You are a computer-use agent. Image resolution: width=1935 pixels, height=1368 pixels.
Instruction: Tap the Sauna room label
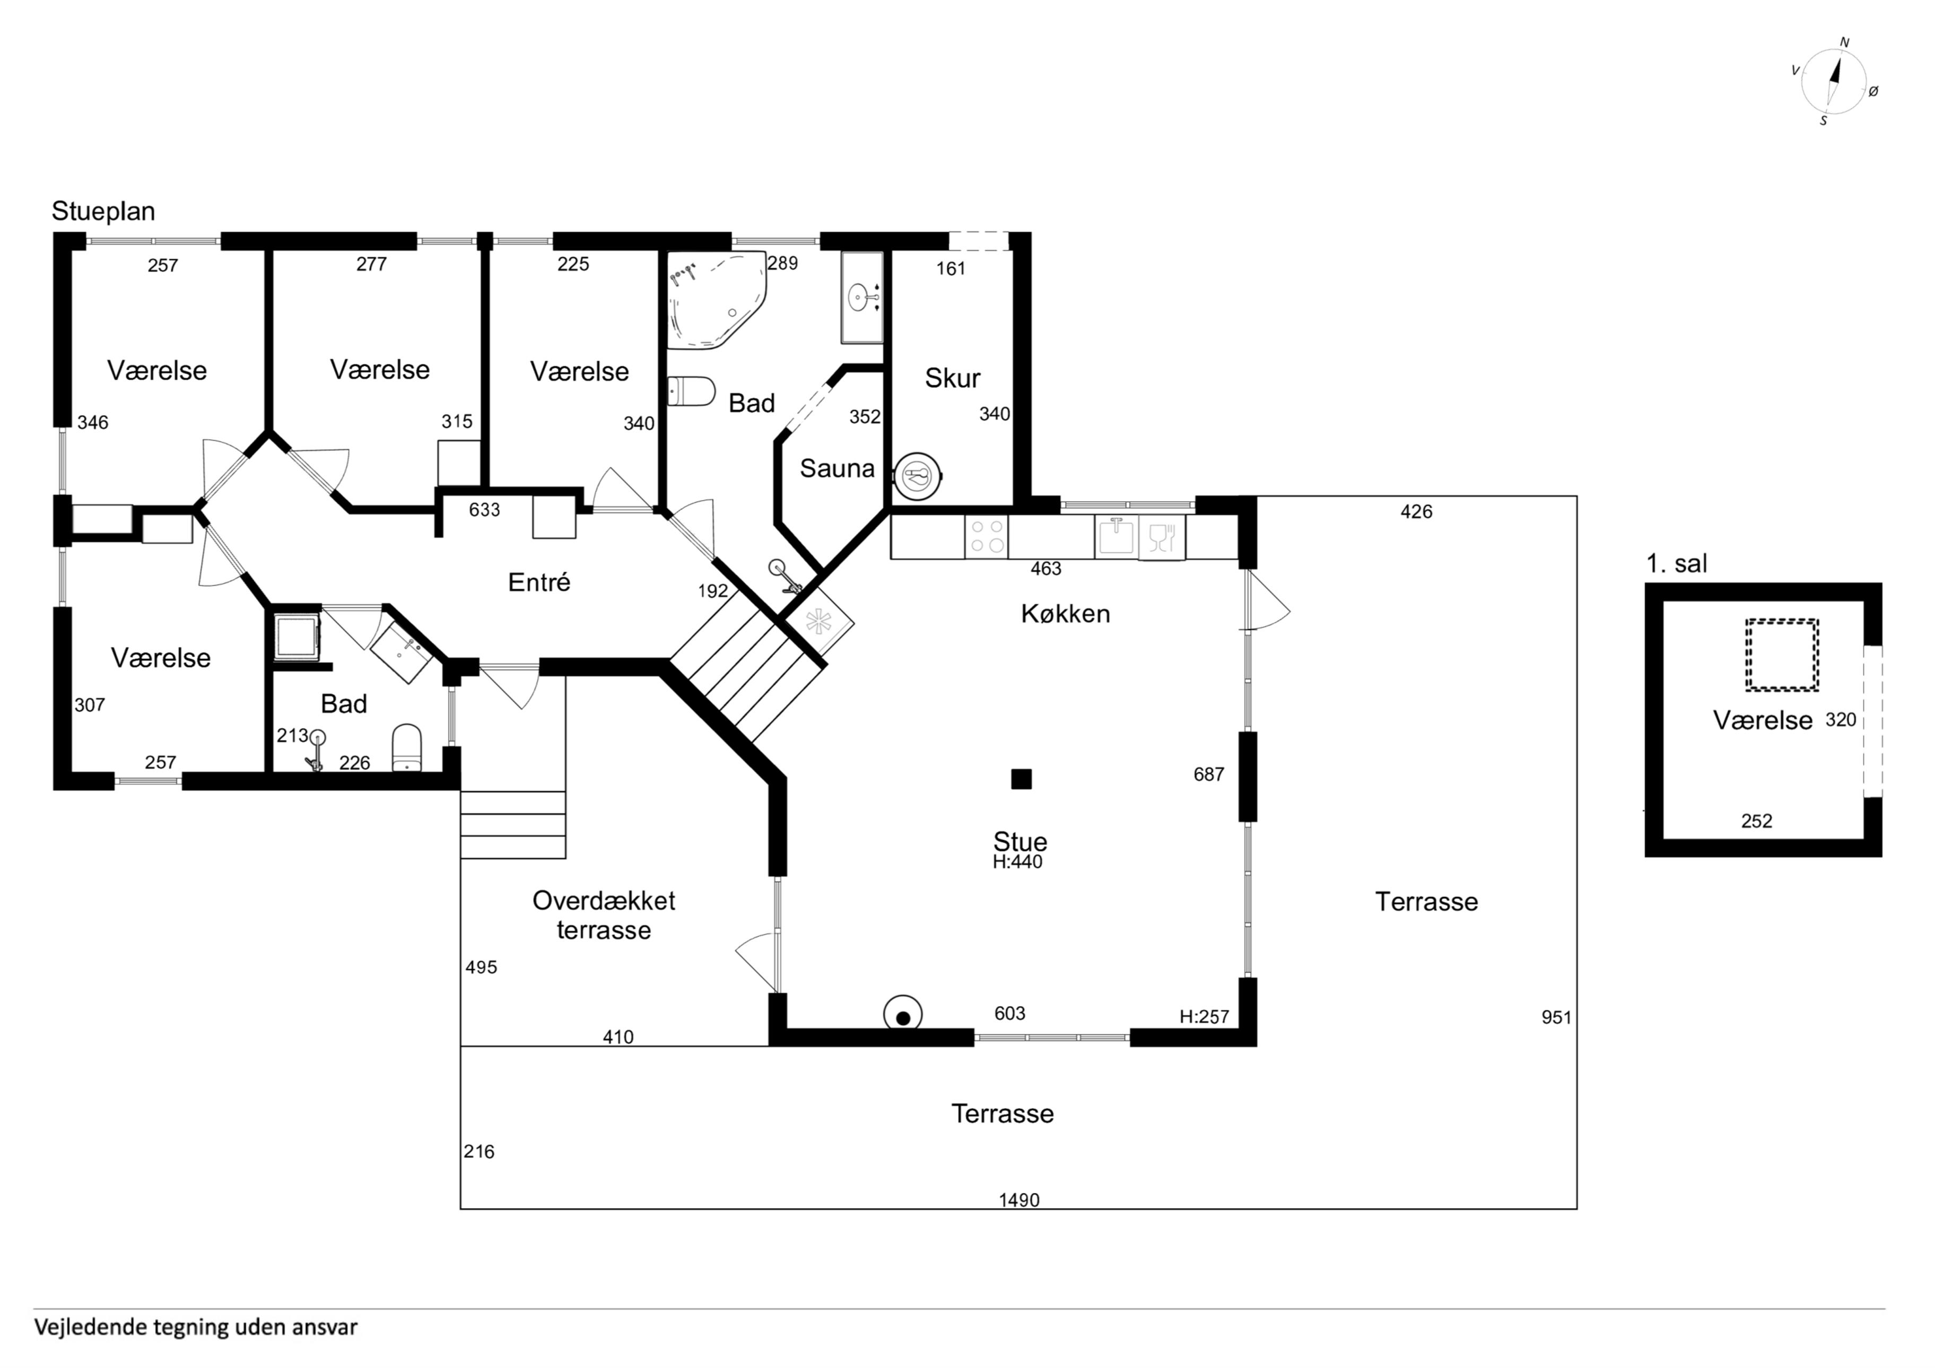coord(837,469)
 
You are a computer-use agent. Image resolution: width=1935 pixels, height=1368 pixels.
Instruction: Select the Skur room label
coord(952,378)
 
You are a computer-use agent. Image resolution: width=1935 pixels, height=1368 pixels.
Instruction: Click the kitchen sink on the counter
coord(1117,536)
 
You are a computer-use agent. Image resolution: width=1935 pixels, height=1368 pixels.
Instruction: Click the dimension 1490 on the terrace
coord(1019,1199)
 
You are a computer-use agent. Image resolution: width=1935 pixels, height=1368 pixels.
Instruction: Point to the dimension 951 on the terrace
coord(1557,1017)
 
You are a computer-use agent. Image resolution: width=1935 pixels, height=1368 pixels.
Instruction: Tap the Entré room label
coord(539,582)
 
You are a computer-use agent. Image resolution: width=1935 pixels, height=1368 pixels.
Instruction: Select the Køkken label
coord(1065,614)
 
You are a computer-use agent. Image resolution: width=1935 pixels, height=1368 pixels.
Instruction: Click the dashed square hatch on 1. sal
coord(1782,656)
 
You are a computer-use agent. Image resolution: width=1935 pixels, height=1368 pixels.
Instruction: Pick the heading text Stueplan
coord(103,211)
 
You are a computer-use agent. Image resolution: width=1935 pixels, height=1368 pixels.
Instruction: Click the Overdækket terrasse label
coord(604,916)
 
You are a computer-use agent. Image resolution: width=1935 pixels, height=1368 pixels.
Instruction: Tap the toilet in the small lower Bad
coord(407,747)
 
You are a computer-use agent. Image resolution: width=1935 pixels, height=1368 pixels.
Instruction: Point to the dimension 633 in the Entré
coord(485,510)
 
